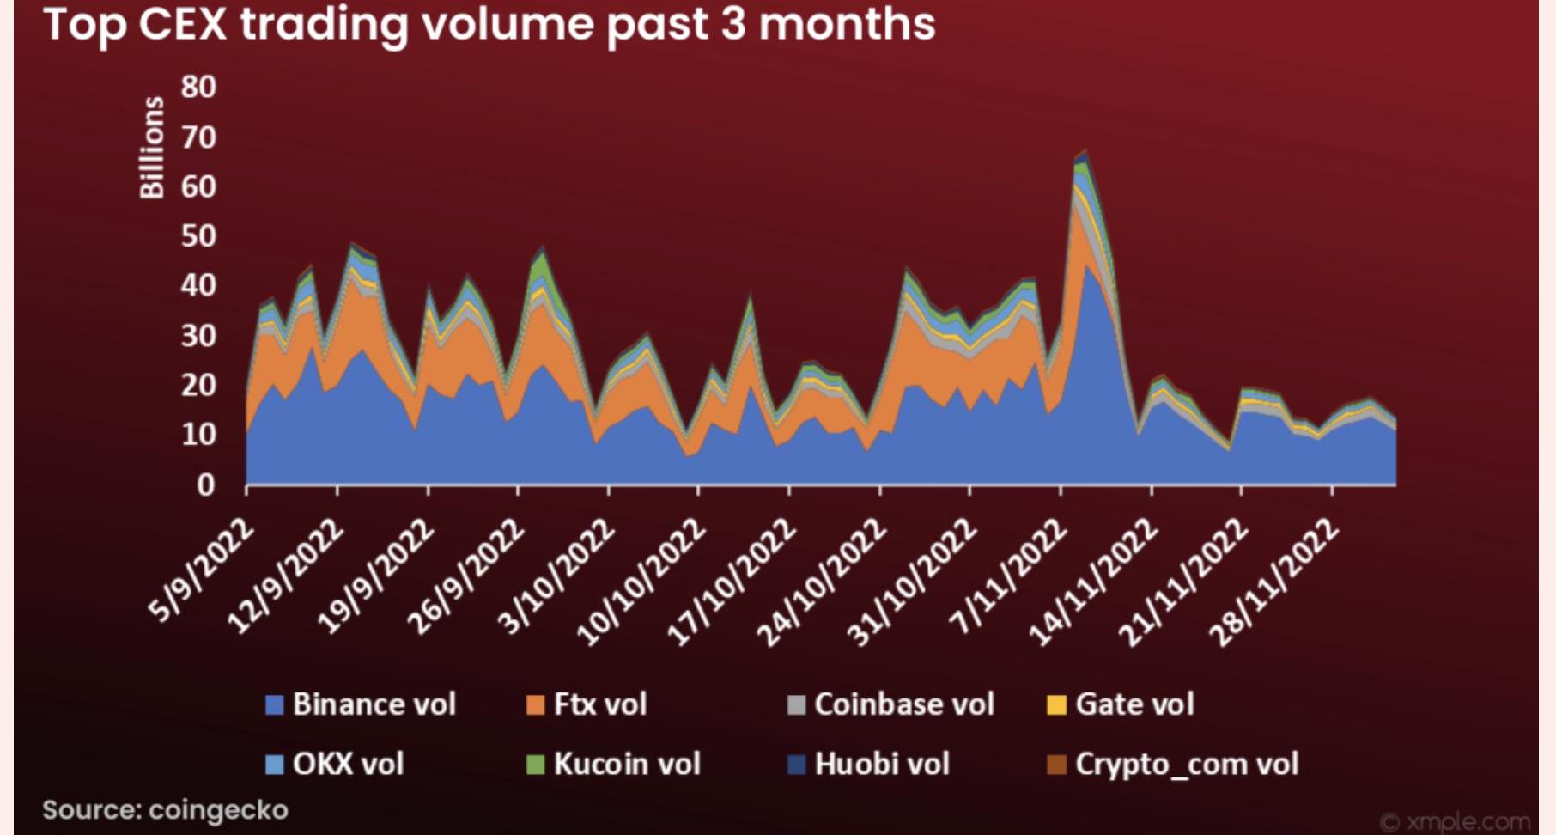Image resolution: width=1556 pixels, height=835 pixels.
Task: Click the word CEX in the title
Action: tap(183, 23)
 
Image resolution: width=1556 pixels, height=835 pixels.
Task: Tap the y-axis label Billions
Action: tap(152, 147)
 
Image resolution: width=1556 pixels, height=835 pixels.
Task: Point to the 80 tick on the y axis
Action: tap(198, 87)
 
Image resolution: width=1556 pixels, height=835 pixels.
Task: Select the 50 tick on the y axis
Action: tap(198, 236)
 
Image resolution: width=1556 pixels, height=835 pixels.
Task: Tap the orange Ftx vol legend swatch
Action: tap(536, 705)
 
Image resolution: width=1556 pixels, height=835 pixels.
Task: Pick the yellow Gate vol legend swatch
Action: tap(1056, 705)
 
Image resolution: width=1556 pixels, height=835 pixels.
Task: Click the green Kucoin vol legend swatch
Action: tap(536, 764)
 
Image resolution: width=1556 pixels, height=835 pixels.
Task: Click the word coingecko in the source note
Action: tap(218, 810)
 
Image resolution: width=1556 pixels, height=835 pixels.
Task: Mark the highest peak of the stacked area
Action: tap(1085, 151)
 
